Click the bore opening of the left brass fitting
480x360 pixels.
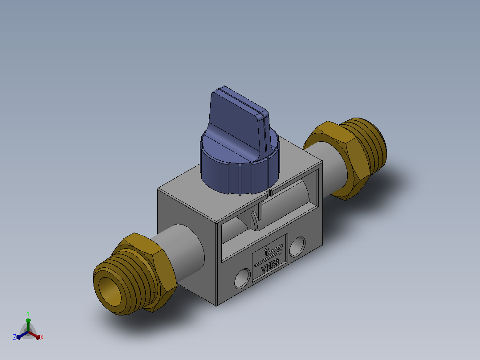(x=109, y=291)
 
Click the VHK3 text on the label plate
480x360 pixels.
(x=270, y=266)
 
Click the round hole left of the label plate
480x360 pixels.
(x=242, y=278)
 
